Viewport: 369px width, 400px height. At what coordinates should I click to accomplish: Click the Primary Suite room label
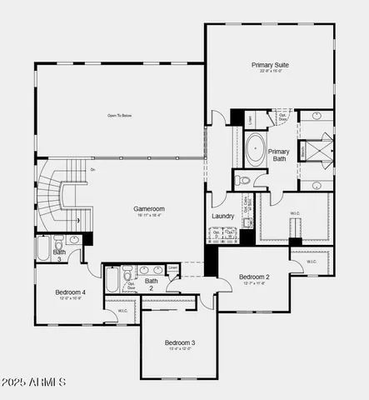point(270,64)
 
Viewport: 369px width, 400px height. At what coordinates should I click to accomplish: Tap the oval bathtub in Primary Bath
point(254,149)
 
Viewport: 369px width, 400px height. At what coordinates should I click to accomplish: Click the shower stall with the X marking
point(317,150)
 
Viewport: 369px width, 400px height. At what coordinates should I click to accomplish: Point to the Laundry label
point(222,216)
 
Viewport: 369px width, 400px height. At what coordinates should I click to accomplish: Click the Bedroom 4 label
point(70,292)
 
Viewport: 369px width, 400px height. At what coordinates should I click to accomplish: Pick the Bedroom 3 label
point(179,342)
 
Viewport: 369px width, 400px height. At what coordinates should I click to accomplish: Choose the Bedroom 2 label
point(254,277)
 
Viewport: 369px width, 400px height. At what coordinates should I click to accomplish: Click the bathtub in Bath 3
point(43,248)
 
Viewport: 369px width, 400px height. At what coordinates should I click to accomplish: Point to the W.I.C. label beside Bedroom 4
point(122,311)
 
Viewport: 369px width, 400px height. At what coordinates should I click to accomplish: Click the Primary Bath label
point(278,156)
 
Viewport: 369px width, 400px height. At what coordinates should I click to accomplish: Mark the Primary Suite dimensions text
point(270,72)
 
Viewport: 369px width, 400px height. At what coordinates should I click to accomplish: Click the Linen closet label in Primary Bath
point(251,120)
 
